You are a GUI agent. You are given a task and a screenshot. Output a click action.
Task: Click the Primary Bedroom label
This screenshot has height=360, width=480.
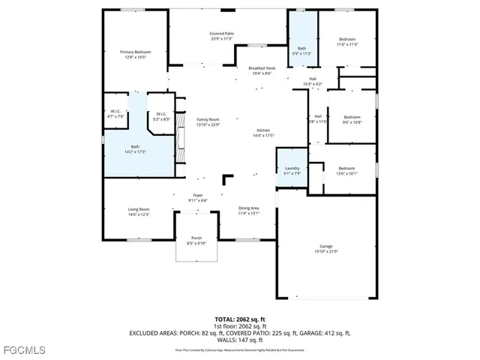136,52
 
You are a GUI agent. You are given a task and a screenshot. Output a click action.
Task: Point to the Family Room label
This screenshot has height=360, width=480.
208,120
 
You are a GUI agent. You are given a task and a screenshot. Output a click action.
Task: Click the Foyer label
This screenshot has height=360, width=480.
198,196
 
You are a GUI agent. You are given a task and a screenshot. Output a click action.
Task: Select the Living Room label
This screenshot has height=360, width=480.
139,209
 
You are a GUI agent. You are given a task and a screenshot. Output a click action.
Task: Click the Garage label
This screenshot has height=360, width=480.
325,245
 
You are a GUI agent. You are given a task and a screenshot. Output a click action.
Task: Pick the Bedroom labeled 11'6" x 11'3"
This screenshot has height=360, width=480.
347,39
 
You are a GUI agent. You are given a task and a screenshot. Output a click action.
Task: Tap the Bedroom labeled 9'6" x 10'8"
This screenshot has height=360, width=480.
352,117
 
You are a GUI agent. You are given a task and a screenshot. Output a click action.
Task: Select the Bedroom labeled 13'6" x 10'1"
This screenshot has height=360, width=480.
346,169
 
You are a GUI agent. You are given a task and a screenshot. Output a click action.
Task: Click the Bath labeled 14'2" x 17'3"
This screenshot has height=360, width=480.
135,147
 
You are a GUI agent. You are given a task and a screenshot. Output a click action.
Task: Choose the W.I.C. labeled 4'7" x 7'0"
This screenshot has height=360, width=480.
115,112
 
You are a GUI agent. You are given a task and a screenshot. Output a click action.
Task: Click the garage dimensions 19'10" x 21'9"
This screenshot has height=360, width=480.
325,250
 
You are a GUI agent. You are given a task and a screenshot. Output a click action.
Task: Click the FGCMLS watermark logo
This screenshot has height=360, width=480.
24,350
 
